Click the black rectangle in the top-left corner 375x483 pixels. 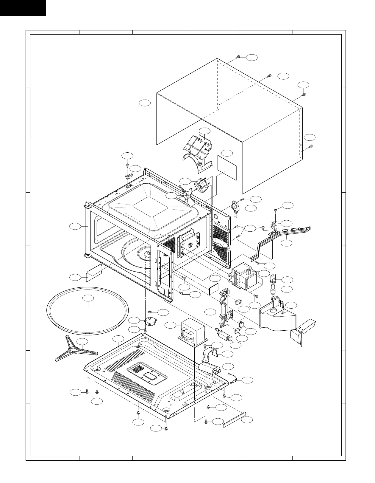[23, 8]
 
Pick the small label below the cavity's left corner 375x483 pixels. [93, 273]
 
